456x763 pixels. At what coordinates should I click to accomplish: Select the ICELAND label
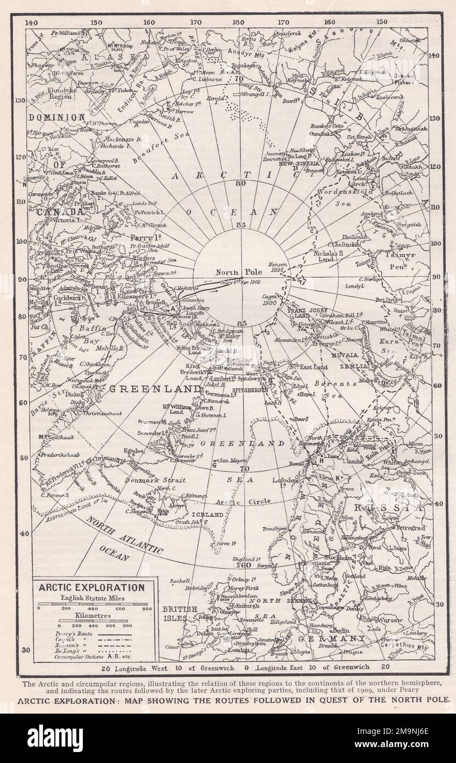tap(207, 515)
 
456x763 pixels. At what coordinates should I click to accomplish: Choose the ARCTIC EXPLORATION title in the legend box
tap(91, 587)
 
